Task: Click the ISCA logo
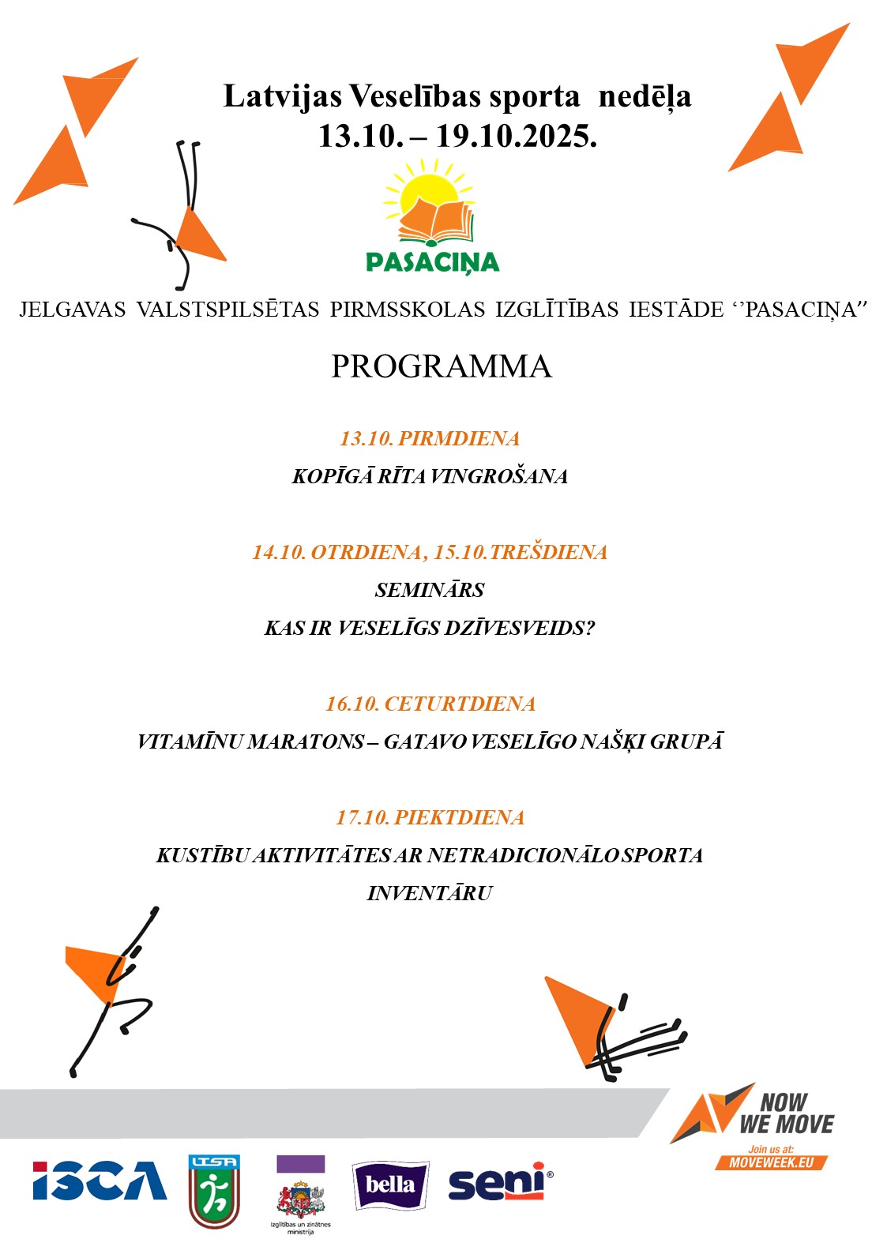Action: (100, 1181)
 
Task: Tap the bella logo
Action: (389, 1185)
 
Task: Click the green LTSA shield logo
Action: (213, 1191)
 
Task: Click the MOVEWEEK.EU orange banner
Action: (771, 1162)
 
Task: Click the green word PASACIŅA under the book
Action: (432, 261)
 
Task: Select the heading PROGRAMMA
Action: (441, 366)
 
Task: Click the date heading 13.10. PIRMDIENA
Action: (430, 438)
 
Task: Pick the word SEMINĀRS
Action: (430, 590)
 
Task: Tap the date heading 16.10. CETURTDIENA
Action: (430, 704)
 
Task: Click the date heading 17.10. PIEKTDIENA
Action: (430, 817)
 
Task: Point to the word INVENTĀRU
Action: (430, 893)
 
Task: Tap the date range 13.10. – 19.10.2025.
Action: (457, 136)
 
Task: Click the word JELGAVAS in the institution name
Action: (73, 310)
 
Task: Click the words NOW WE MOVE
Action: (785, 1113)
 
